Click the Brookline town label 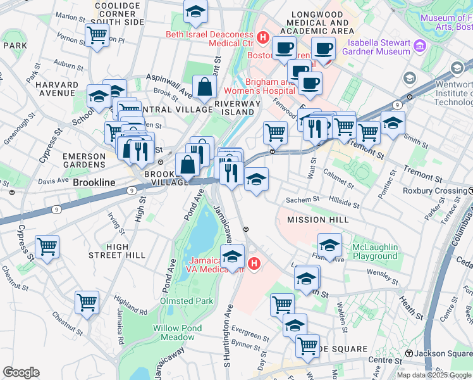(94, 182)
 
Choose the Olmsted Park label (187, 301)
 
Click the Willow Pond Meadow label (177, 332)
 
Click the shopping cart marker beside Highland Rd (87, 302)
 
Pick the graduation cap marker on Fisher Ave (329, 244)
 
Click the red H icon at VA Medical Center (254, 263)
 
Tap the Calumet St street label (338, 178)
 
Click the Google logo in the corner (21, 372)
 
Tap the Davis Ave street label (52, 180)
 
